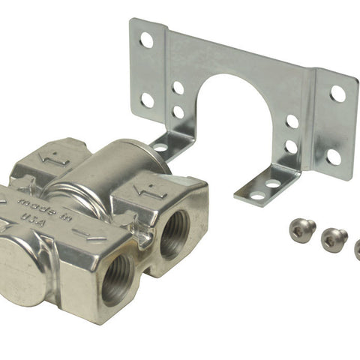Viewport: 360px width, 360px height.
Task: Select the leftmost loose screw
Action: click(302, 227)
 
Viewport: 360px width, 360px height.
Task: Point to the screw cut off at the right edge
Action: click(358, 250)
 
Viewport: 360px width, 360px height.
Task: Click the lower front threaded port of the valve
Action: click(118, 280)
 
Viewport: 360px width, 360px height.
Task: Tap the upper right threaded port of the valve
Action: click(174, 235)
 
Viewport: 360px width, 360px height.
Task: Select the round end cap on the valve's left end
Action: click(21, 271)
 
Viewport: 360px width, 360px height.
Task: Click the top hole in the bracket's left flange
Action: click(147, 40)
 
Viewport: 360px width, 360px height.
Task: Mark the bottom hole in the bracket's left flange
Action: click(148, 100)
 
